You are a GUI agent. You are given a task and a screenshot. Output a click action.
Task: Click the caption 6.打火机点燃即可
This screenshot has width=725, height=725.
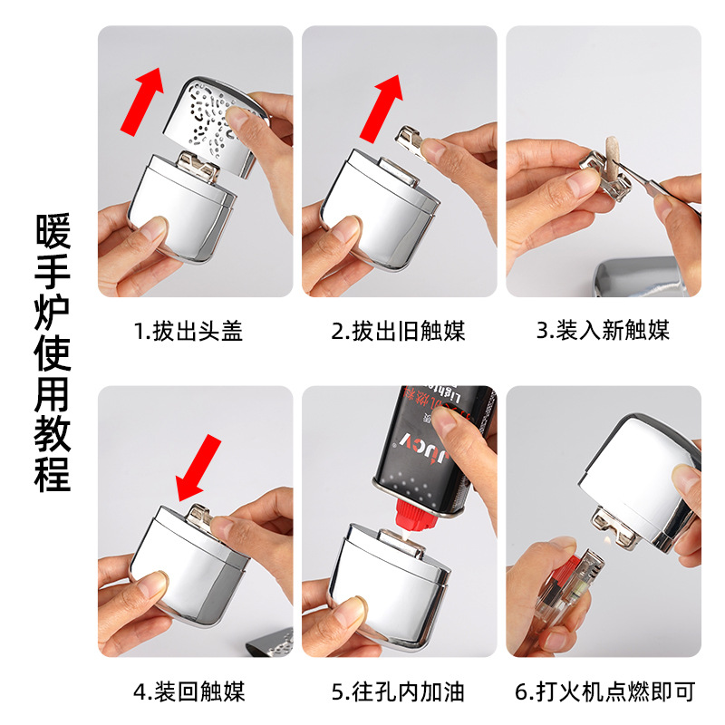(x=604, y=693)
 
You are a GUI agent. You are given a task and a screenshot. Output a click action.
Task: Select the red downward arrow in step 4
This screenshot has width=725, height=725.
(x=198, y=468)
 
